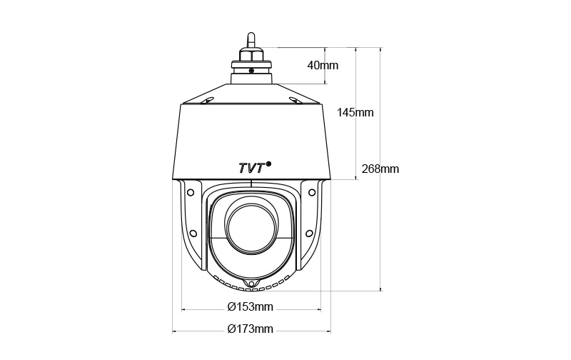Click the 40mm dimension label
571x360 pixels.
323,65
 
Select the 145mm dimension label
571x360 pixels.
355,112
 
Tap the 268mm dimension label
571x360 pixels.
380,169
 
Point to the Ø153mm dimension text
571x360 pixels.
251,307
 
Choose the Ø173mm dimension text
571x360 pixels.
251,329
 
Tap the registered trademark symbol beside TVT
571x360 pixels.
269,164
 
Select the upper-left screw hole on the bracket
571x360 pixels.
189,192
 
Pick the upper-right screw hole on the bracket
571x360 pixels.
312,192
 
